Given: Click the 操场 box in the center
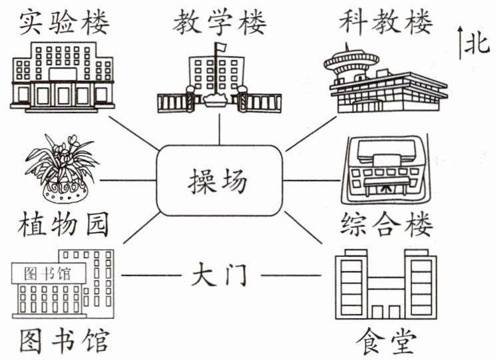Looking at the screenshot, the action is tap(219, 180).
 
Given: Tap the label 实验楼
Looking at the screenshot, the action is tap(64, 23).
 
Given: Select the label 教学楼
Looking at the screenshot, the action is tap(219, 23).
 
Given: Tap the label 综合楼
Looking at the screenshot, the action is tap(386, 225).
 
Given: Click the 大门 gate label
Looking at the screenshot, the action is tap(219, 275).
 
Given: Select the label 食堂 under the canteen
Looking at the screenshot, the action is tap(385, 342).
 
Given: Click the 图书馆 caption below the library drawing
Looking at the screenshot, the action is tap(64, 341).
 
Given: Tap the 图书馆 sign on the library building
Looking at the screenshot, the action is tap(49, 273).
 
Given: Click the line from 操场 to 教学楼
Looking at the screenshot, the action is tap(219, 130).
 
